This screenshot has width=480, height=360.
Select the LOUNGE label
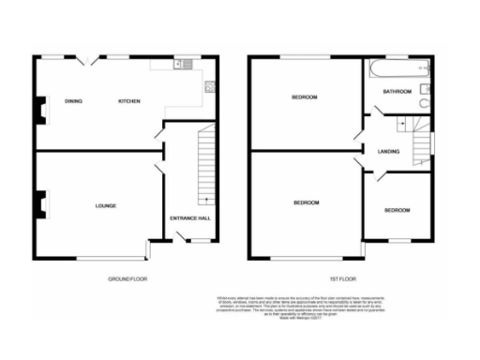[x=105, y=204]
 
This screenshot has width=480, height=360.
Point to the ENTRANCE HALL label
[x=189, y=218]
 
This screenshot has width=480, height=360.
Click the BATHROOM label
[x=398, y=91]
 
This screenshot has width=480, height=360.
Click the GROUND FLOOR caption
[x=127, y=278]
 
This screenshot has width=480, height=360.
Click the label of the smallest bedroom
[x=397, y=210]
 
